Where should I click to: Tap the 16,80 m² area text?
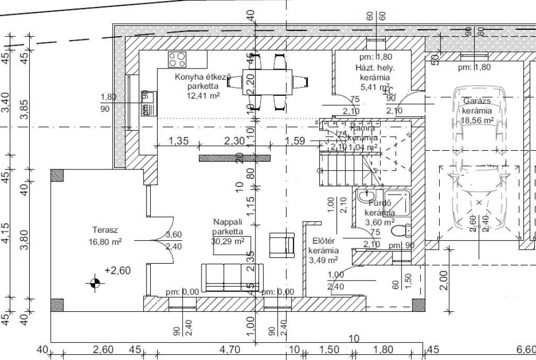point(105,241)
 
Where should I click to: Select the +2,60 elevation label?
point(117,271)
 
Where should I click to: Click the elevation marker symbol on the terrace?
point(95,283)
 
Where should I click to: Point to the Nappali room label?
point(227,221)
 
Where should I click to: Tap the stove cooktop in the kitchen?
point(177,59)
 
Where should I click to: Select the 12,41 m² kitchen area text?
point(203,96)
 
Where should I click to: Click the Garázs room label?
point(476,101)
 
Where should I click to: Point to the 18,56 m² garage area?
point(477,120)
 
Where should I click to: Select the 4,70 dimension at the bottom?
point(228,350)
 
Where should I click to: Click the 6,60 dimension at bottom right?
point(525,350)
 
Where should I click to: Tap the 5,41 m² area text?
point(375,87)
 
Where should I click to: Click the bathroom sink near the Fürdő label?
point(365,197)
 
